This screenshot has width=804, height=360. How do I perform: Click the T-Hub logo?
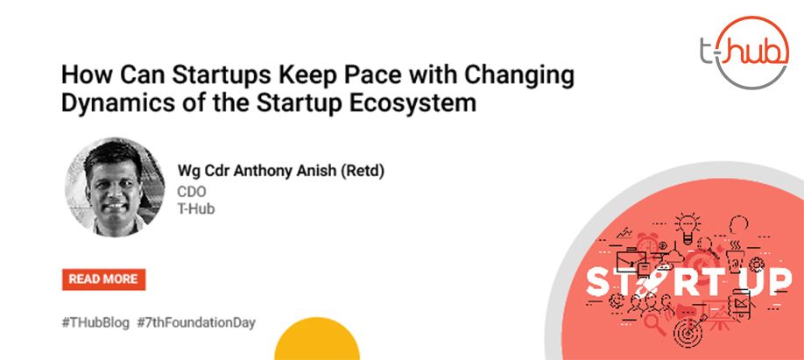coord(745,52)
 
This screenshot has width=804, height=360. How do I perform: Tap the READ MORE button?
coord(103,279)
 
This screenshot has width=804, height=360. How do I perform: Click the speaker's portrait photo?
coord(115,187)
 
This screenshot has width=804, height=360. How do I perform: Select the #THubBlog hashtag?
coord(95,323)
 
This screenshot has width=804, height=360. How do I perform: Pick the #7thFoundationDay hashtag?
coord(196,323)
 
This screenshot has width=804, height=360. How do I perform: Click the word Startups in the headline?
coord(222,76)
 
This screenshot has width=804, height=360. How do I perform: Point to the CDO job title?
coord(192,191)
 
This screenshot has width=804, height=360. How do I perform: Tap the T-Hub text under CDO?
coord(196,209)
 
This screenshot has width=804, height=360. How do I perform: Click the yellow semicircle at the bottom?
coord(317,340)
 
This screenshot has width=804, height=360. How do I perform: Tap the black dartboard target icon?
coord(688,333)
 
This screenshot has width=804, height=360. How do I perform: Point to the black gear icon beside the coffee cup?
coord(757,265)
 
